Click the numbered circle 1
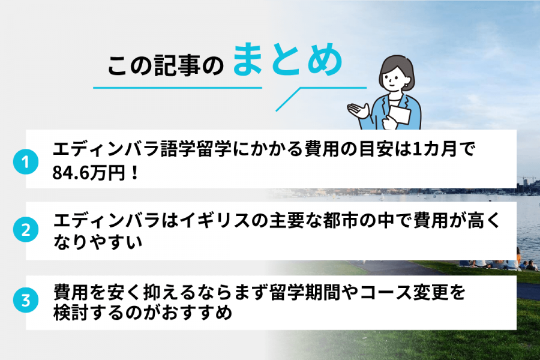tap(25, 162)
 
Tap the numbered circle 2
tap(25, 229)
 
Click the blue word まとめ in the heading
tap(287, 62)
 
